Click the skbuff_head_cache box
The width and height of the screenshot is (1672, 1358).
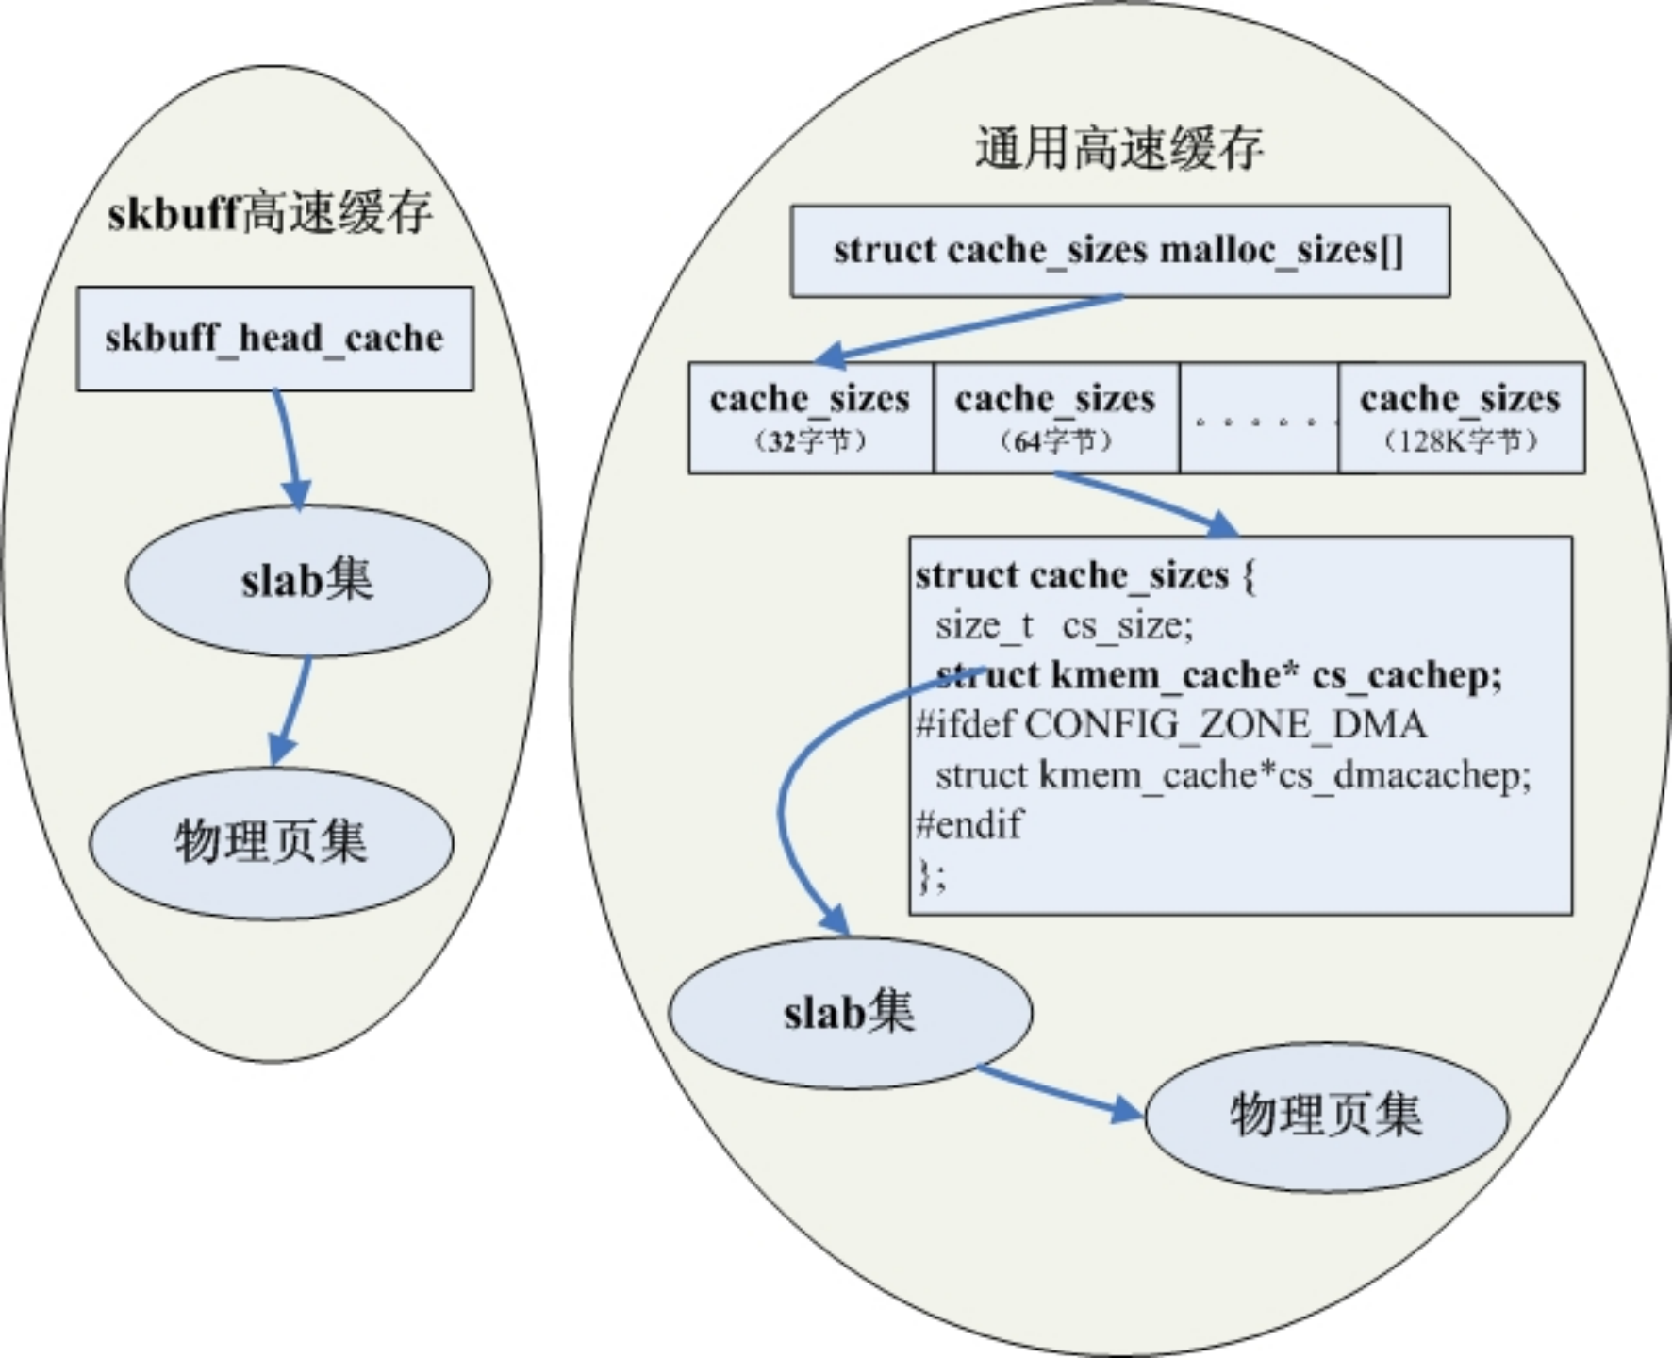tap(274, 339)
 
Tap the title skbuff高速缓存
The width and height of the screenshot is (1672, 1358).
tap(270, 212)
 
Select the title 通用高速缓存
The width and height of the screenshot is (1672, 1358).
tap(1118, 149)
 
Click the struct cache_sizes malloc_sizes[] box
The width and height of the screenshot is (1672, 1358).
tap(1119, 251)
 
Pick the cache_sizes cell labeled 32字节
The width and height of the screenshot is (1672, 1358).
tap(811, 417)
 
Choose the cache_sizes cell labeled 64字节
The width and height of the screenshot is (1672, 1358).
tap(1056, 417)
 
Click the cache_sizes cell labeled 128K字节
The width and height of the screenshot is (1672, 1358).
tap(1461, 417)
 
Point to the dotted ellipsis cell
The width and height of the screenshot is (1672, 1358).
tap(1259, 417)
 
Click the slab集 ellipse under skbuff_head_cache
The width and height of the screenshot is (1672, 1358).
tap(308, 580)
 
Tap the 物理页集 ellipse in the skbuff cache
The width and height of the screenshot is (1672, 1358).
tap(272, 842)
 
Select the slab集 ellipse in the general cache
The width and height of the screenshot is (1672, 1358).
tap(851, 1013)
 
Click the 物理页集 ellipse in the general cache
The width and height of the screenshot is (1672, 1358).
tap(1327, 1116)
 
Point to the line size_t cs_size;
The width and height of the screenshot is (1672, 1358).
tap(1064, 625)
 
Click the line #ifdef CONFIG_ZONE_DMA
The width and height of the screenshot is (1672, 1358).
tap(1170, 724)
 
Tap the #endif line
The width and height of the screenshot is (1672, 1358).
tap(968, 824)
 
